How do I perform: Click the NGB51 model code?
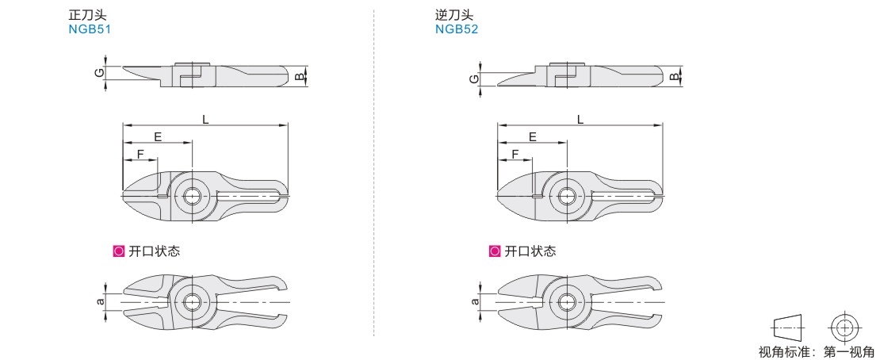coord(90,29)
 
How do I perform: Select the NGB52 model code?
coord(457,29)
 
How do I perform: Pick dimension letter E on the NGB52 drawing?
coord(533,136)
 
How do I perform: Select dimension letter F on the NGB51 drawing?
coord(140,154)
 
